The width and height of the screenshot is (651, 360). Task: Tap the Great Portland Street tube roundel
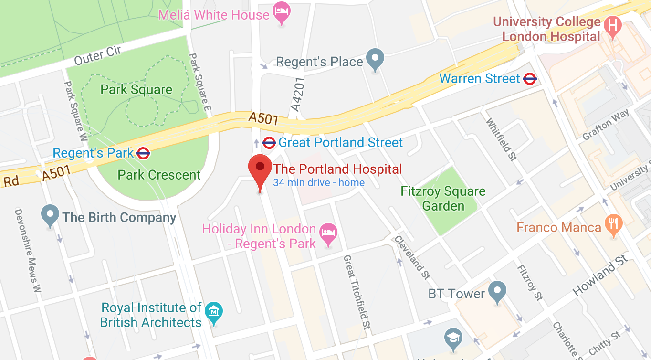pos(269,142)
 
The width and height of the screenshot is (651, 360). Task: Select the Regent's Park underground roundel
pos(143,153)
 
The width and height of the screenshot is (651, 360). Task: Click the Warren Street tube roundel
pos(530,79)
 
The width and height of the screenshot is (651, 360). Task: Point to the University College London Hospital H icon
pos(612,25)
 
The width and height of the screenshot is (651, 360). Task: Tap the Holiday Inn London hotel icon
pos(328,233)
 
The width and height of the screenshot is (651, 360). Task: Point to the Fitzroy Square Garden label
pos(443,199)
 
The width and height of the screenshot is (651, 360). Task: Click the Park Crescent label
pos(159,175)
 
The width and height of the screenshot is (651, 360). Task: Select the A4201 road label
pos(297,95)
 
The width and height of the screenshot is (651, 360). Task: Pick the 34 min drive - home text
pos(319,182)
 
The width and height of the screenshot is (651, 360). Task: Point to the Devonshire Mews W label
pos(28,250)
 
